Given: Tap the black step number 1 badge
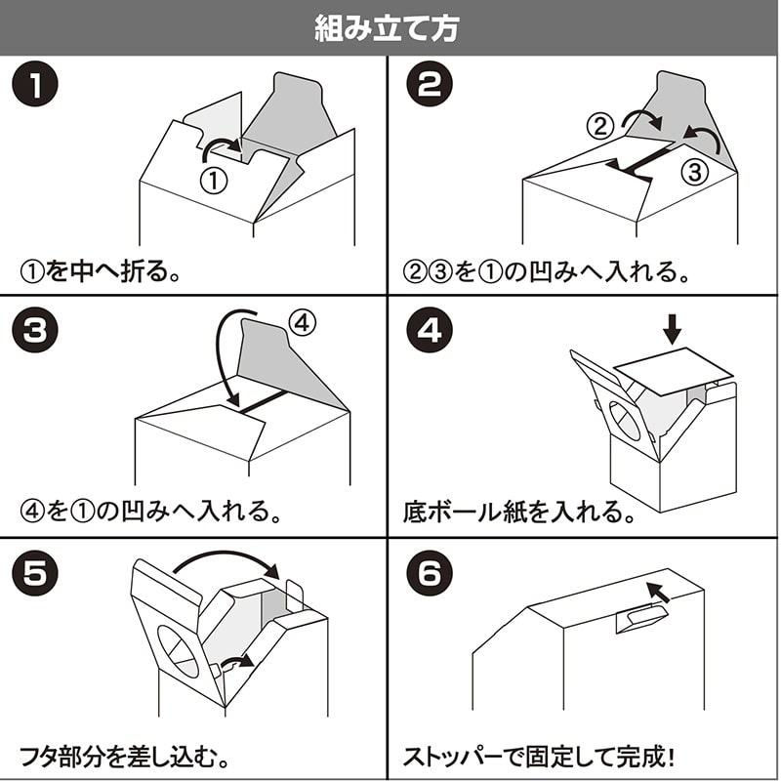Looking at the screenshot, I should (x=34, y=86).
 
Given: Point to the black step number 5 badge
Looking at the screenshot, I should (x=34, y=572).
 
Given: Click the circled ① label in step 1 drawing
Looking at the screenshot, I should (x=214, y=180).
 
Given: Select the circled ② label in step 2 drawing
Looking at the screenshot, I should (x=601, y=125).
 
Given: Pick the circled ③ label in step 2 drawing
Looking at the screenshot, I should (x=691, y=174).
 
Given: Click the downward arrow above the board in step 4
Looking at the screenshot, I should (x=671, y=326).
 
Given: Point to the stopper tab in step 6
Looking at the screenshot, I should (x=641, y=615).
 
